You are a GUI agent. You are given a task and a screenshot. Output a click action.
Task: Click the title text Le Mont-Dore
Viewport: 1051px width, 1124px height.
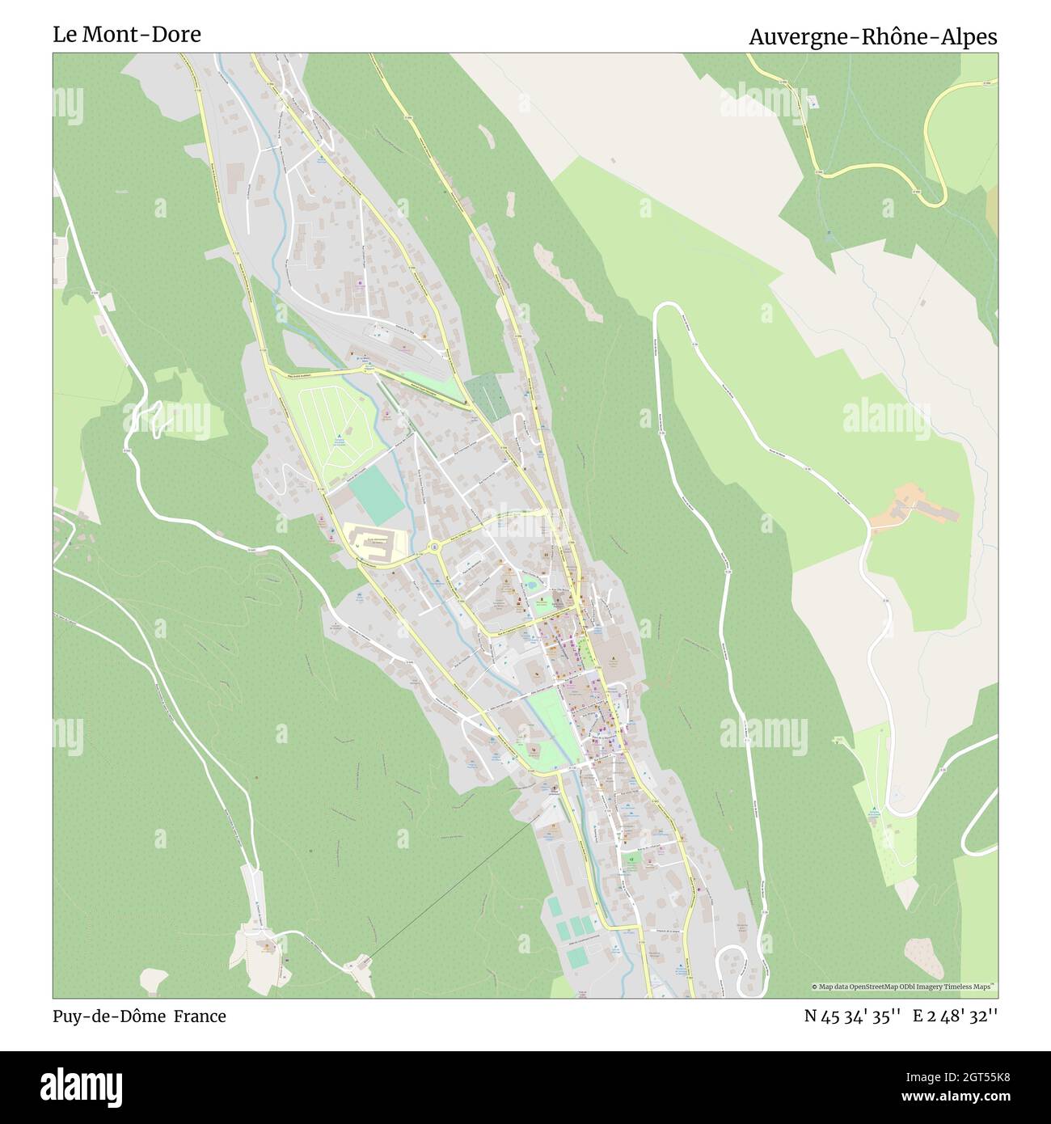point(127,35)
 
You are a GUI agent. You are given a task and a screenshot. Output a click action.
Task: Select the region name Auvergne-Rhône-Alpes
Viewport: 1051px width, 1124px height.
point(872,36)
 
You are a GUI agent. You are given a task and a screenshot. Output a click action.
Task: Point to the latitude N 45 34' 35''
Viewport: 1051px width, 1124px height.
point(852,1016)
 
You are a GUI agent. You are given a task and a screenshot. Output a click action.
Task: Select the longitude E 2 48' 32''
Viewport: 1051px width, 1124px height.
point(955,1016)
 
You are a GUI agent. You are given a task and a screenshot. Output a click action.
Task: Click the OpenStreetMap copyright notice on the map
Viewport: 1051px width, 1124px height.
point(903,987)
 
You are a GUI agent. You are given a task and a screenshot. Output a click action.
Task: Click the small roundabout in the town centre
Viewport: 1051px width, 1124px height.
point(435,547)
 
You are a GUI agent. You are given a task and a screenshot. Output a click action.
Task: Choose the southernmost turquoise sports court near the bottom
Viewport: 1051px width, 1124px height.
point(577,957)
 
